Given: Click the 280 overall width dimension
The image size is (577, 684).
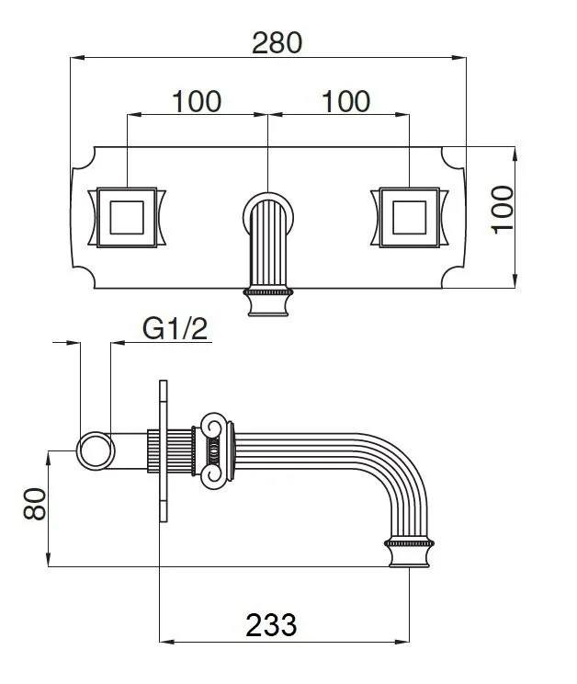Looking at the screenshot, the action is tap(277, 42).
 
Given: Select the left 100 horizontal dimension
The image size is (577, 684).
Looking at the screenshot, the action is tap(197, 102).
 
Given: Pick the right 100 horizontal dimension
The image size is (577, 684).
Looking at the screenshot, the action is tap(346, 102).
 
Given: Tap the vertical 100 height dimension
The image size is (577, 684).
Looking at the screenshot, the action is tap(503, 210).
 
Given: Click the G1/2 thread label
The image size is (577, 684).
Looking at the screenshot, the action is tap(175, 329).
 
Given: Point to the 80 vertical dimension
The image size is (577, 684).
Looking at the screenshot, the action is tap(35, 504).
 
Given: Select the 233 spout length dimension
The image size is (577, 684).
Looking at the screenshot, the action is tap(271, 625).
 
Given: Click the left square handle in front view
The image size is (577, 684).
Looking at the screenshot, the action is tap(127, 218).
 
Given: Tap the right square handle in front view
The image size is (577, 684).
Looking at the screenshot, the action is tap(409, 218).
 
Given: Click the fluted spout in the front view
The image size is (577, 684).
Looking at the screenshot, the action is tap(268, 245).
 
